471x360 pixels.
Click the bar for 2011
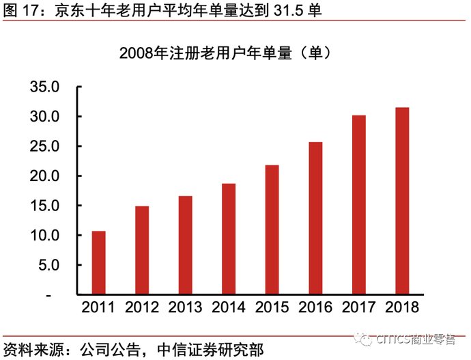pos(99,263)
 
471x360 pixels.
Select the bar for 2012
pos(142,250)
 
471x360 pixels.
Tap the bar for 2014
pos(229,239)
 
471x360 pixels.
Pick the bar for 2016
pos(316,218)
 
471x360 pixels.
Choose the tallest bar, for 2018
pos(403,201)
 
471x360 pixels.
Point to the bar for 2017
pos(359,205)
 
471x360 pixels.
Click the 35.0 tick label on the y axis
pos(45,87)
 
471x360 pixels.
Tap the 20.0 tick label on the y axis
pos(45,176)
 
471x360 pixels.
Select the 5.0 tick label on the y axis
pos(48,265)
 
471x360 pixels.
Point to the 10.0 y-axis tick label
pos(45,235)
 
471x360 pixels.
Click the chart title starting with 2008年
pos(225,53)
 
